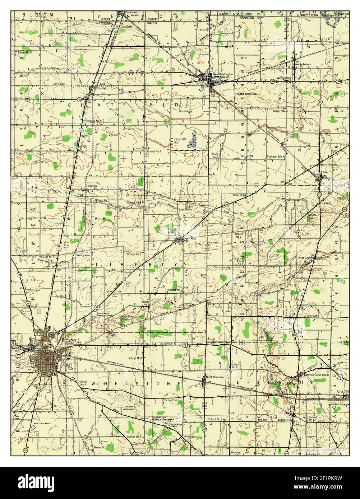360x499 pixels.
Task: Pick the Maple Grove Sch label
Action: tap(247, 94)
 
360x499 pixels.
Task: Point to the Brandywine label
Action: tap(82, 256)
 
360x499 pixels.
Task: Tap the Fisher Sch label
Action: tap(311, 316)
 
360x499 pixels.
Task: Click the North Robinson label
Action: tap(215, 377)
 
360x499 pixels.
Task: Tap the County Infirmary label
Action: tap(129, 409)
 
